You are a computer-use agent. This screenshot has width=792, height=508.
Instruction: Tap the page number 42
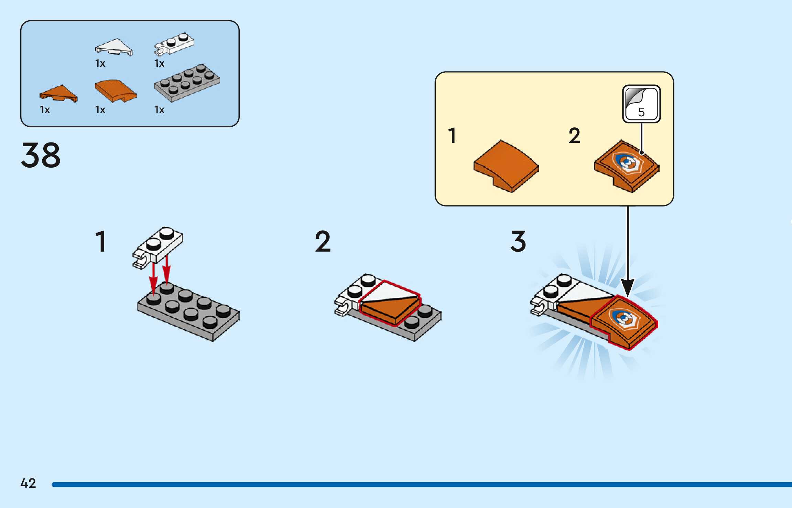coord(28,483)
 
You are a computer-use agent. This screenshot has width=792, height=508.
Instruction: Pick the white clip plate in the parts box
coord(174,44)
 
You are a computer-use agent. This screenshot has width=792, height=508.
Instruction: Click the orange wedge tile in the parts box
coord(59,93)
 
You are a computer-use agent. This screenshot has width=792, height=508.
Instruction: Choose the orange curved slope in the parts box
coord(116,91)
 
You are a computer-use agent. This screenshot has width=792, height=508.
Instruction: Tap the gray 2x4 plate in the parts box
coord(187,83)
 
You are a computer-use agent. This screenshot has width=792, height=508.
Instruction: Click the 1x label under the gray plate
coord(159,110)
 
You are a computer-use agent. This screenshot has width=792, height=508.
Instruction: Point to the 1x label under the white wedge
coord(100,63)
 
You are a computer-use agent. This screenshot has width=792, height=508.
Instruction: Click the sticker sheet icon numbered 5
coord(641,104)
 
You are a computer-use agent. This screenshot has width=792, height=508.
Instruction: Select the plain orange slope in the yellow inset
coord(506,166)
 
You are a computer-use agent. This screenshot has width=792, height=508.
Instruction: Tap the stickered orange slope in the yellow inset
coord(627,166)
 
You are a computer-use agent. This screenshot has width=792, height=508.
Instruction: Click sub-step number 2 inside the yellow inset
coord(574,135)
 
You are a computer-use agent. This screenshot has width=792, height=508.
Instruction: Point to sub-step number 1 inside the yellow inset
coord(452,135)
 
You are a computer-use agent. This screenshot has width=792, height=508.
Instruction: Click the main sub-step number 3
coord(518,241)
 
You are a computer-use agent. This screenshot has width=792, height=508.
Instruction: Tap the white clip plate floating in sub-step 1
coord(158,246)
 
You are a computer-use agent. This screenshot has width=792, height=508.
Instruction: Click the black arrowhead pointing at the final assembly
coord(628,288)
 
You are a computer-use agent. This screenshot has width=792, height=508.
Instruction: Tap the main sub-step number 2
coord(323,241)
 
